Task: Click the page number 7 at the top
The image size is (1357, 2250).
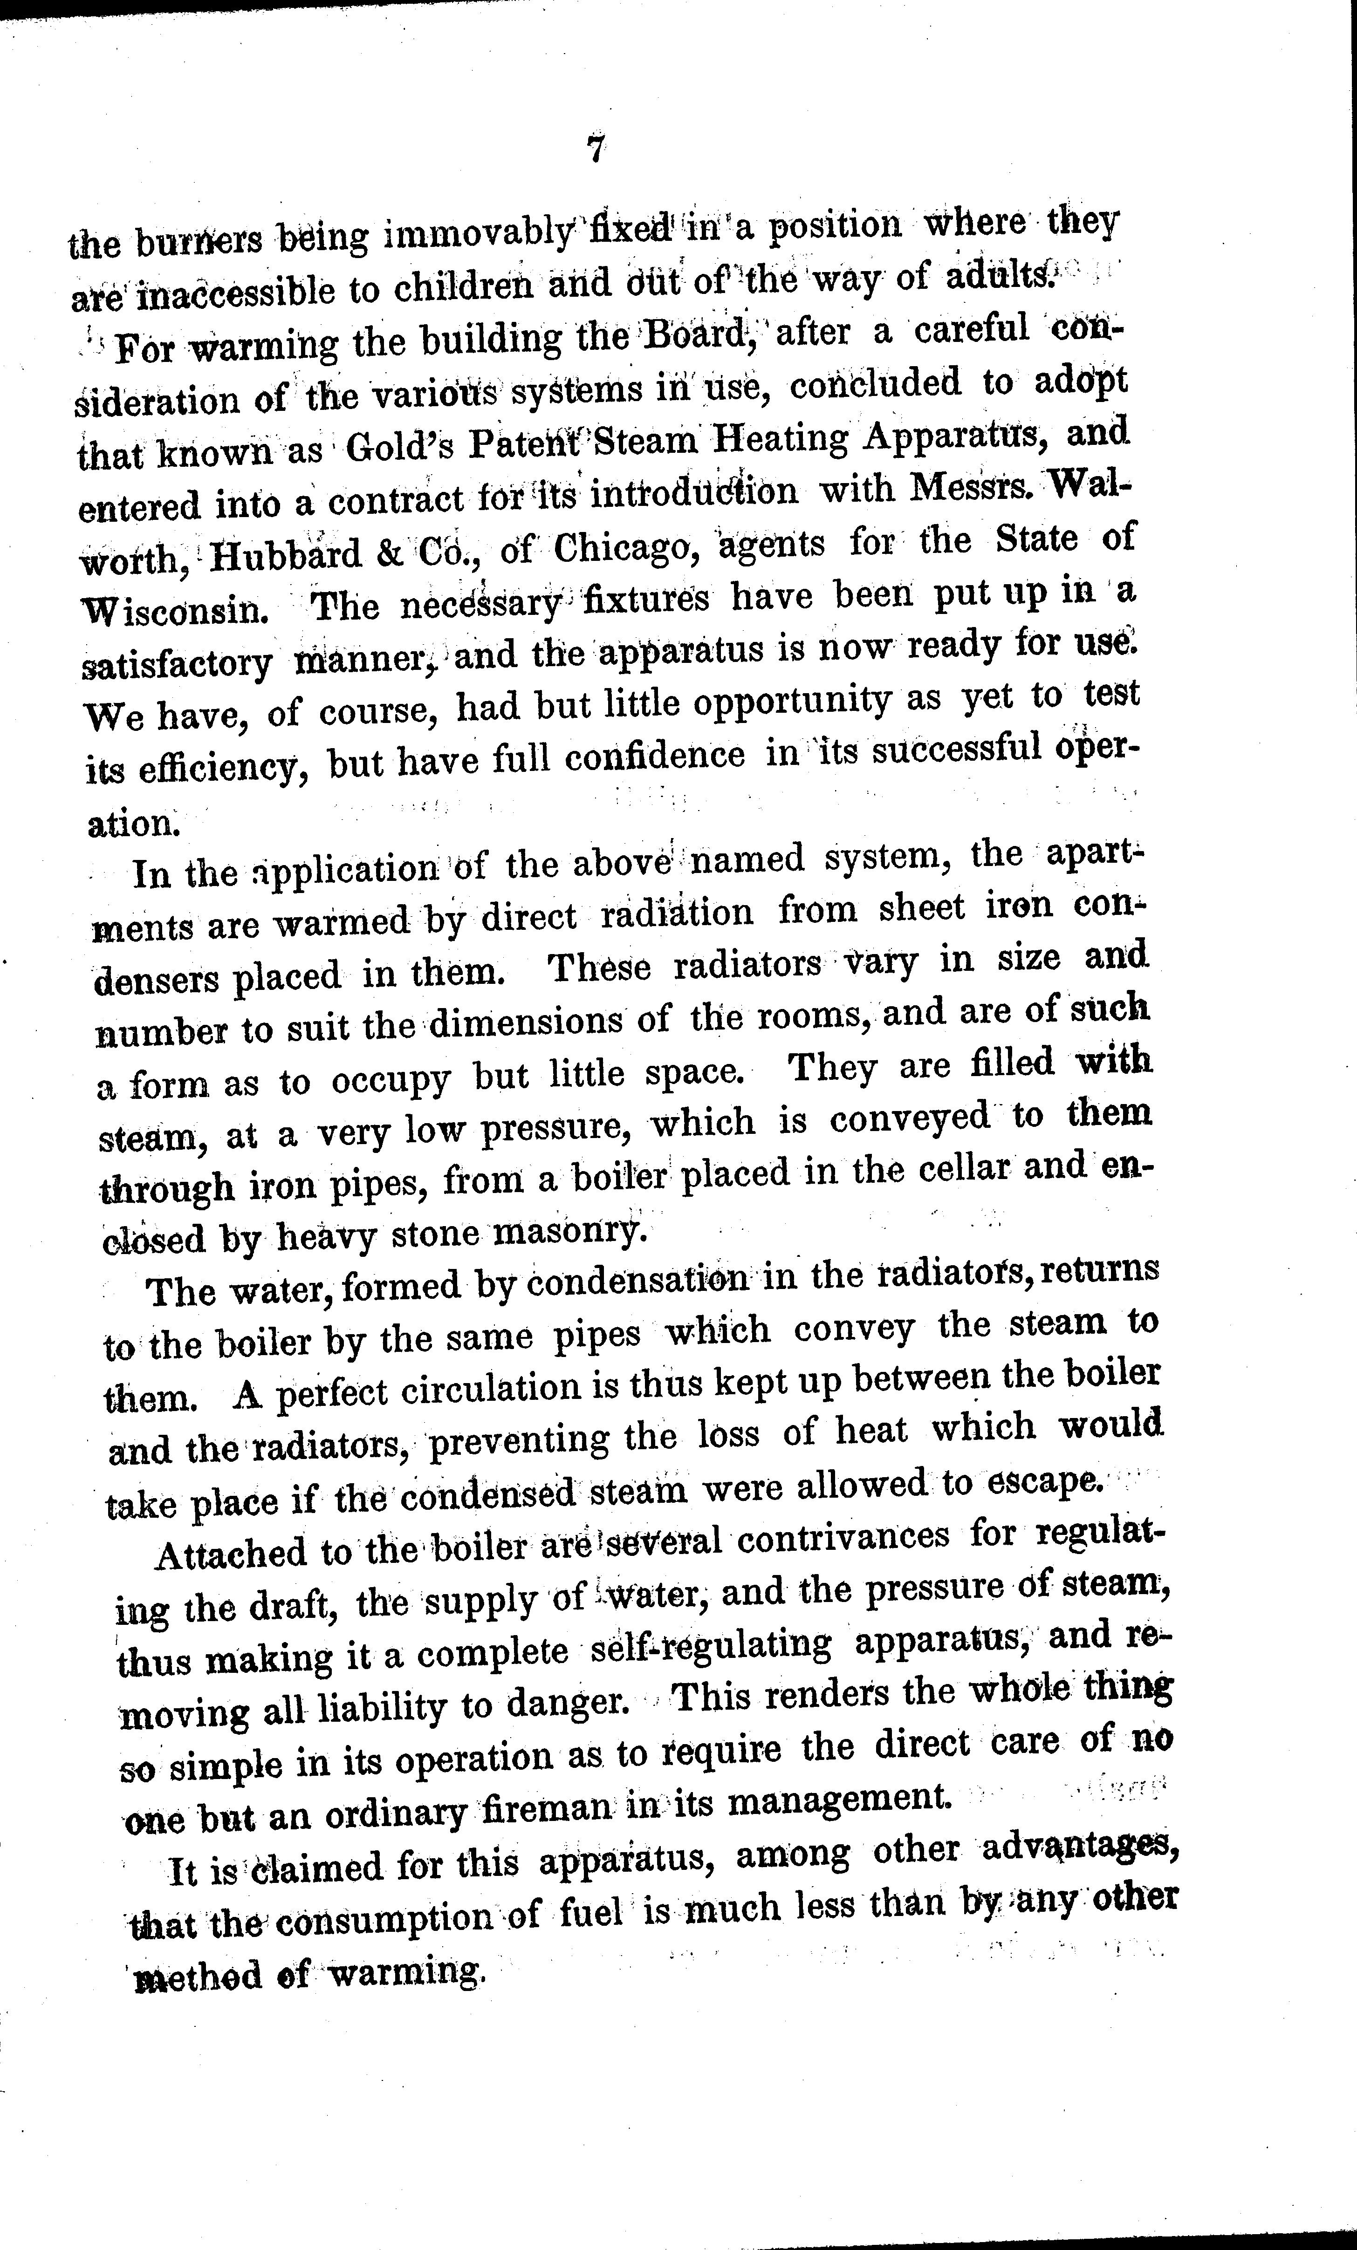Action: [x=596, y=150]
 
